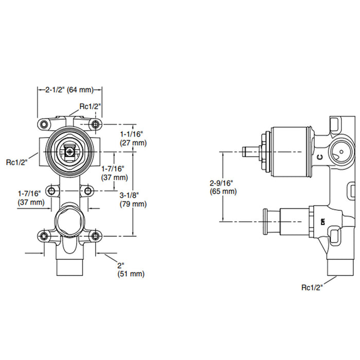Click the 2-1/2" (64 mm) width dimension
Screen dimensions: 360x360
click(x=69, y=90)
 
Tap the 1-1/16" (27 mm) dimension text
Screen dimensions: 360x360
click(x=133, y=138)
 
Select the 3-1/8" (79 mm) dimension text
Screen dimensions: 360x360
click(x=133, y=200)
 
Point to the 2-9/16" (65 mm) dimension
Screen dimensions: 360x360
click(x=223, y=187)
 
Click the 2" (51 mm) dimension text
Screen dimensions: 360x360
click(x=131, y=270)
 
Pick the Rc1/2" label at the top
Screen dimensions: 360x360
click(x=90, y=106)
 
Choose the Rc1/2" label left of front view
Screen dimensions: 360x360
click(x=16, y=162)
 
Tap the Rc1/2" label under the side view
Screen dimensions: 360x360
click(x=312, y=287)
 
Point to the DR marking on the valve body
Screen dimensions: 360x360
click(x=323, y=222)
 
